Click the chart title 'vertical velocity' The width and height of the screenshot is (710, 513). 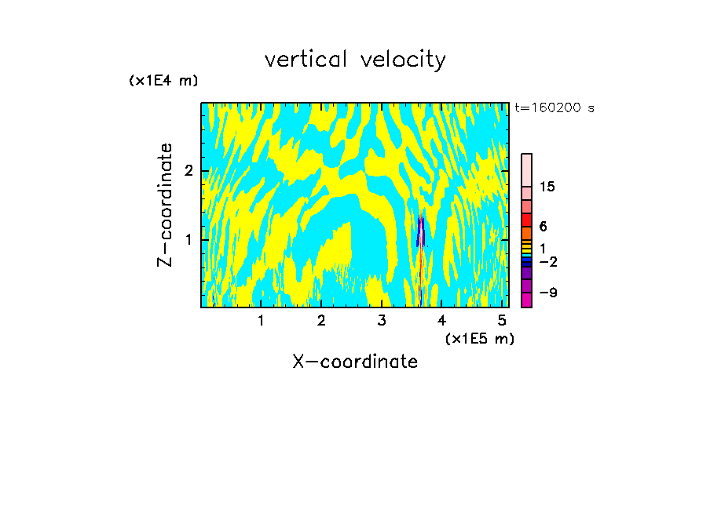pyautogui.click(x=355, y=60)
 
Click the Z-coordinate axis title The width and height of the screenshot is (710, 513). pyautogui.click(x=165, y=205)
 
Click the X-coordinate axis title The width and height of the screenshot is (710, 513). pyautogui.click(x=355, y=362)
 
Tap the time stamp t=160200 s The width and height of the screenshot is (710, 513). pyautogui.click(x=554, y=108)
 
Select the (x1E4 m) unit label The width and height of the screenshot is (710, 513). pyautogui.click(x=163, y=81)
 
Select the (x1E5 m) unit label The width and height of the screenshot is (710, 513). pyautogui.click(x=479, y=338)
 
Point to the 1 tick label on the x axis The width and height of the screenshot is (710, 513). pyautogui.click(x=261, y=321)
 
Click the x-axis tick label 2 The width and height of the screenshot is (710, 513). pyautogui.click(x=321, y=321)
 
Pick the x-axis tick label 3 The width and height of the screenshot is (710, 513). pyautogui.click(x=382, y=321)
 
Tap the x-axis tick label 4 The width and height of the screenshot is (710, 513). pyautogui.click(x=442, y=321)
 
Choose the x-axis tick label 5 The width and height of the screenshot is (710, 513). pyautogui.click(x=502, y=321)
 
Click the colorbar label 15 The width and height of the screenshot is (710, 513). pyautogui.click(x=547, y=187)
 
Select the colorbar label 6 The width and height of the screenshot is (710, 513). pyautogui.click(x=543, y=226)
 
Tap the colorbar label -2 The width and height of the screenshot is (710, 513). pyautogui.click(x=547, y=261)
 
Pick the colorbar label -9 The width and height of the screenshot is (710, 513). pyautogui.click(x=547, y=293)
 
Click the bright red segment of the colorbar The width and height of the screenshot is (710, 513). pyautogui.click(x=526, y=220)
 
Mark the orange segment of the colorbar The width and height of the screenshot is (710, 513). pyautogui.click(x=526, y=233)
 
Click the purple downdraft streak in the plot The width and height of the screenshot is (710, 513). pyautogui.click(x=421, y=231)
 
